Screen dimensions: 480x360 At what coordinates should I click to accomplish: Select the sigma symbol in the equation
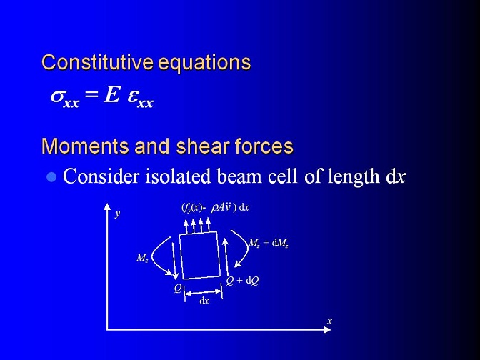pyautogui.click(x=57, y=96)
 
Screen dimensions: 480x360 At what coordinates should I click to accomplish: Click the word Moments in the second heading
pyautogui.click(x=85, y=146)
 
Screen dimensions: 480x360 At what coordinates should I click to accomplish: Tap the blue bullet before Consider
pyautogui.click(x=51, y=177)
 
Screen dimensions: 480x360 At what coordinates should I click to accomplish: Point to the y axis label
pyautogui.click(x=118, y=214)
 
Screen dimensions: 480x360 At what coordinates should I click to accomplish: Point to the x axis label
pyautogui.click(x=329, y=321)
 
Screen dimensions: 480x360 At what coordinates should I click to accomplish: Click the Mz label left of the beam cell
pyautogui.click(x=142, y=258)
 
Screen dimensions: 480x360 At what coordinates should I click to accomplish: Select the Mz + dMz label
pyautogui.click(x=268, y=243)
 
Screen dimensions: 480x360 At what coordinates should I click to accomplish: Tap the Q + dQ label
pyautogui.click(x=242, y=281)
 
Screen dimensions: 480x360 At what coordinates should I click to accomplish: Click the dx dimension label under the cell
pyautogui.click(x=204, y=301)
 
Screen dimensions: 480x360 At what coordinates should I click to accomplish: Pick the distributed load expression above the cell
pyautogui.click(x=215, y=208)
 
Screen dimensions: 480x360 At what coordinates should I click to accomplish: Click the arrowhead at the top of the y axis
pyautogui.click(x=107, y=206)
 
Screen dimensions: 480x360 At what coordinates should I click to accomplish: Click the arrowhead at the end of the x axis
pyautogui.click(x=328, y=330)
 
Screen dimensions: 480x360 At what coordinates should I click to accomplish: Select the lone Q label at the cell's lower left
pyautogui.click(x=178, y=288)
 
